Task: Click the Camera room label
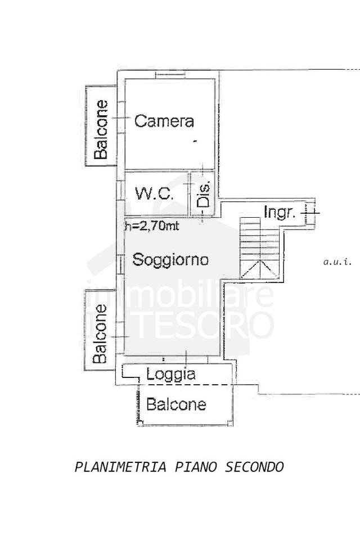coord(164,121)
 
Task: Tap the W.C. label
coord(154,194)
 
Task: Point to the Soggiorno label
coord(170,260)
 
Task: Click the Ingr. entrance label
coord(280,212)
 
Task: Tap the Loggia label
coord(170,373)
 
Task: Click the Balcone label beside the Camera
coord(101,129)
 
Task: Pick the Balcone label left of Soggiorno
coord(100,333)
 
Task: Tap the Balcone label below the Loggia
coord(176,404)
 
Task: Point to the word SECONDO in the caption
coord(255,467)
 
